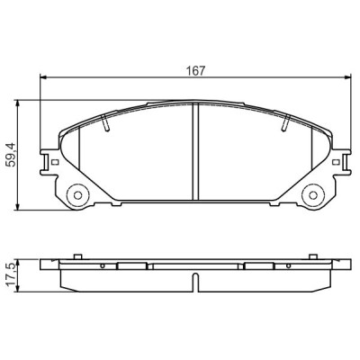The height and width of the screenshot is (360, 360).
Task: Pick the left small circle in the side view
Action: [104, 266]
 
